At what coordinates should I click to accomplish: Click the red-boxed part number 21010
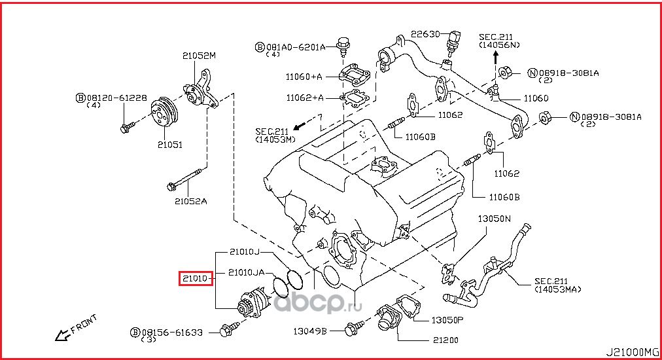pyautogui.click(x=196, y=279)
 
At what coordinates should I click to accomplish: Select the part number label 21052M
pyautogui.click(x=200, y=56)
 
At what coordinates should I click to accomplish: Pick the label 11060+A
pyautogui.click(x=304, y=77)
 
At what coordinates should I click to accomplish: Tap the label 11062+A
pyautogui.click(x=304, y=98)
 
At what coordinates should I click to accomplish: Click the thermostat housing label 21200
pyautogui.click(x=444, y=340)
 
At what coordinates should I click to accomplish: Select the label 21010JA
pyautogui.click(x=246, y=272)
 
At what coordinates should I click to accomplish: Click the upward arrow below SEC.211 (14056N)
pyautogui.click(x=495, y=58)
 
